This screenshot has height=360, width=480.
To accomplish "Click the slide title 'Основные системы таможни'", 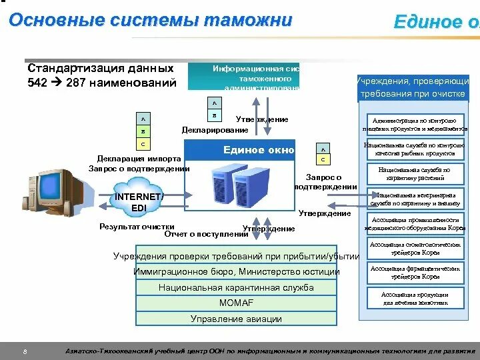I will [x=151, y=21].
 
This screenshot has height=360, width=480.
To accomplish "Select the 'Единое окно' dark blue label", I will [x=258, y=150].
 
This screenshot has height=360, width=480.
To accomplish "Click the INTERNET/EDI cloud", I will [x=138, y=203].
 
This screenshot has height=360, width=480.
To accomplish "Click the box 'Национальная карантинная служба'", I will [x=236, y=288].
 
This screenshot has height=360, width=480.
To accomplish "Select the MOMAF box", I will [x=236, y=303].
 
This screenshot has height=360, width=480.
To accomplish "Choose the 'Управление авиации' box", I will [x=236, y=319].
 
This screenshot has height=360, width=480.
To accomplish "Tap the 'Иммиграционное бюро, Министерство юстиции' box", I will [x=236, y=272].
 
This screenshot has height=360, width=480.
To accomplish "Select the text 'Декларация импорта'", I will [x=138, y=159].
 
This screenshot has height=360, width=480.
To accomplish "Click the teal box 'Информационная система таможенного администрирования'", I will [x=253, y=77].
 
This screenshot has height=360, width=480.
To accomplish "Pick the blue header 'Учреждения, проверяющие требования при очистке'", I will [x=412, y=87].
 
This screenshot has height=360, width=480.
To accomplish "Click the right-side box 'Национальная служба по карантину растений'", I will [x=414, y=174].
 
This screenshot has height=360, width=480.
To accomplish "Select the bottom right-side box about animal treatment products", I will [x=414, y=298].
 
